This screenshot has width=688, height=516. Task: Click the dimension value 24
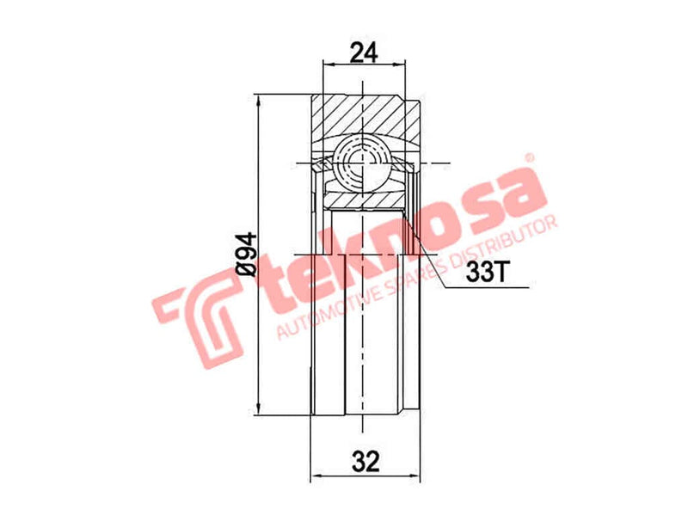coord(364,52)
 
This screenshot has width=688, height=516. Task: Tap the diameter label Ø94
coord(245,254)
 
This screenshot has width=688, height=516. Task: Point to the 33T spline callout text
coord(488,273)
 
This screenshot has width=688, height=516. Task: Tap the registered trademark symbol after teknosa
coord(530,159)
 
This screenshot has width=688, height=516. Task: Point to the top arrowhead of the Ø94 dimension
coord(258,97)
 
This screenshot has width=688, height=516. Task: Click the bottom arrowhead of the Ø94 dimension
coord(258,410)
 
